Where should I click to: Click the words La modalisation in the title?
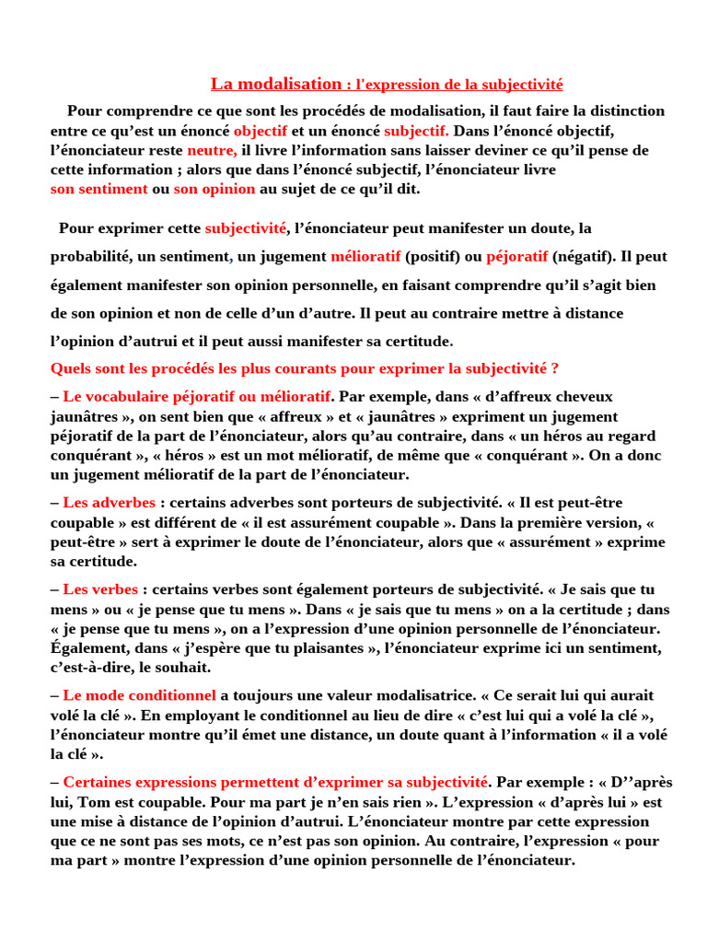[x=276, y=84]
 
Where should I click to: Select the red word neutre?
[x=211, y=150]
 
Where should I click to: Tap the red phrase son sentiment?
[x=99, y=189]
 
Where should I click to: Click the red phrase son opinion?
[x=214, y=189]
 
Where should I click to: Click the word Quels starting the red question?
[x=70, y=368]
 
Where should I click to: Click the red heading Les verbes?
[x=100, y=589]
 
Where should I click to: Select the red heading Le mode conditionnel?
[x=139, y=695]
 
